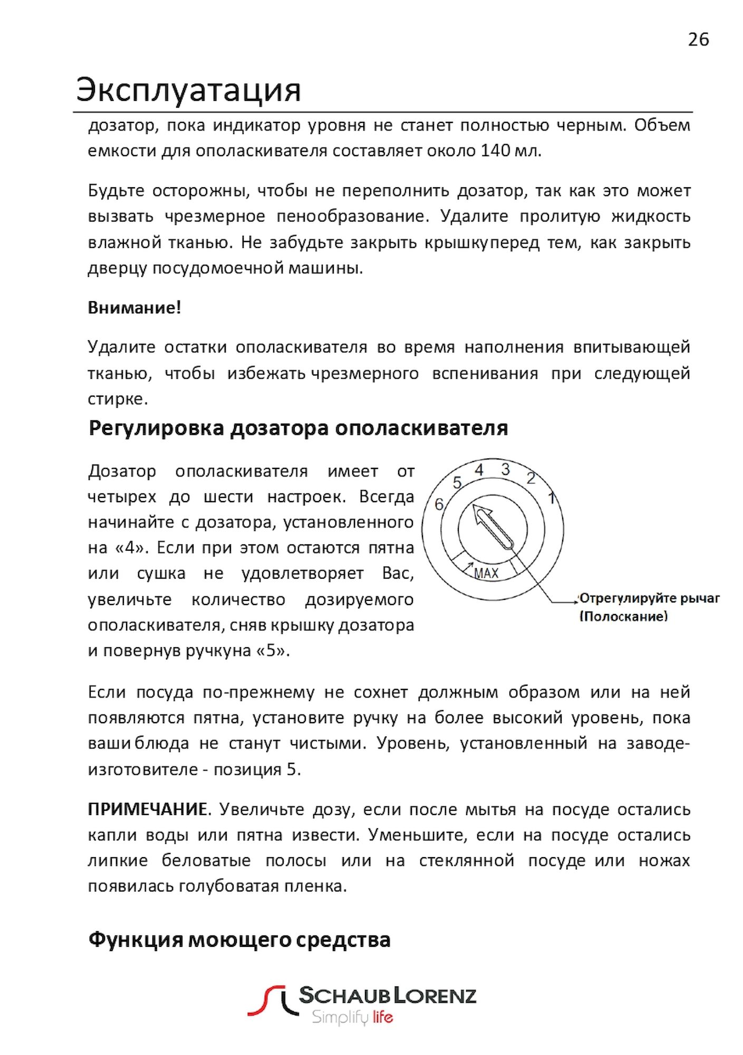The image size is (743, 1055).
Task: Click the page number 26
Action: point(698,40)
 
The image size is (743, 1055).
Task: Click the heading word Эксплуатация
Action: point(188,90)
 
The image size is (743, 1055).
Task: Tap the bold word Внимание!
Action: point(134,308)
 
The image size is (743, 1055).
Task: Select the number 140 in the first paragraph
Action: point(495,151)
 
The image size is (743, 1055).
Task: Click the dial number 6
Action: point(439,505)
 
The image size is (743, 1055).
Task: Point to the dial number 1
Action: point(552,497)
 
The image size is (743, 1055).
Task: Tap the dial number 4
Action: point(479,469)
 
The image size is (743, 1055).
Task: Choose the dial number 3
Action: point(505,469)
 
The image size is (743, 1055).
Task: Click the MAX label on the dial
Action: point(486,573)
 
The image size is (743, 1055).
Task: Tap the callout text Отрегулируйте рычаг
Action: point(650,599)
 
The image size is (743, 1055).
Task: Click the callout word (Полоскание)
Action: point(624,616)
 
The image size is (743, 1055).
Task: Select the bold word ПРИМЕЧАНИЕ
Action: point(147,809)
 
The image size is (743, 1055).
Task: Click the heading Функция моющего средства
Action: point(239,939)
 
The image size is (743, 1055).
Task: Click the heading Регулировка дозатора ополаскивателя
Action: point(298,428)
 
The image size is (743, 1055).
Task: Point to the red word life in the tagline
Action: point(382,1016)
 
